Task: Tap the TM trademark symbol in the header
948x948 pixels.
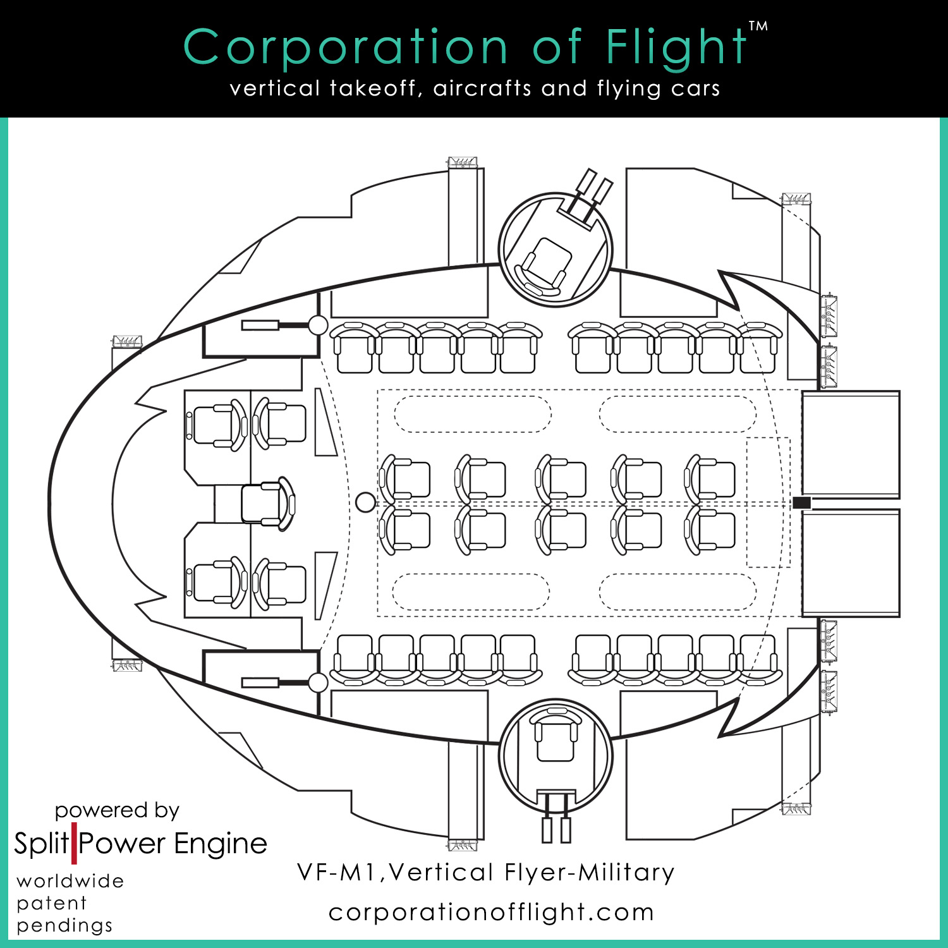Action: coord(758,27)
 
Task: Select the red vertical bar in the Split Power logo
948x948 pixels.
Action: coord(74,844)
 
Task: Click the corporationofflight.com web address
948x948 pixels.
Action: coord(491,912)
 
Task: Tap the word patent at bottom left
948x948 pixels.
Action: coord(52,903)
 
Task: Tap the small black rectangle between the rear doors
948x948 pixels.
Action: coord(801,503)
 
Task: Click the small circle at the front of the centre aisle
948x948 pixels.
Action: coord(365,502)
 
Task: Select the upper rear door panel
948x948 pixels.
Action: coord(850,444)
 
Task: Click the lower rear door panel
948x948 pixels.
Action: coord(850,562)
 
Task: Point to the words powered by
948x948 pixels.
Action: coord(117,810)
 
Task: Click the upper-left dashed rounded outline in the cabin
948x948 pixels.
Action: coord(473,414)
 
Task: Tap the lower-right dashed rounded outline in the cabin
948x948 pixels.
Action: coord(677,592)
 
